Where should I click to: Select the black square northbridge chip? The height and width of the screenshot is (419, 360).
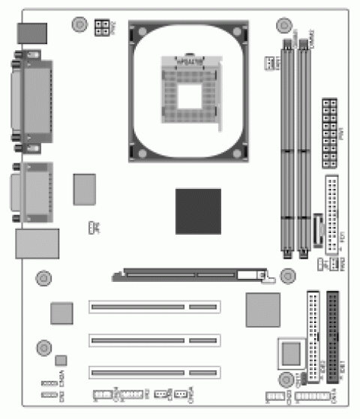point(198,211)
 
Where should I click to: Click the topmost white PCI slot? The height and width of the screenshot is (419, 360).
point(154,307)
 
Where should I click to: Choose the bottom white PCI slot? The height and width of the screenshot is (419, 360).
point(154,372)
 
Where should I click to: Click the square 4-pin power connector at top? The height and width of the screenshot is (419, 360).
point(101,28)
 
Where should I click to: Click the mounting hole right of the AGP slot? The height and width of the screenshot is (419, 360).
point(287,276)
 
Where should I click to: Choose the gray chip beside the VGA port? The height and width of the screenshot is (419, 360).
point(85,189)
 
